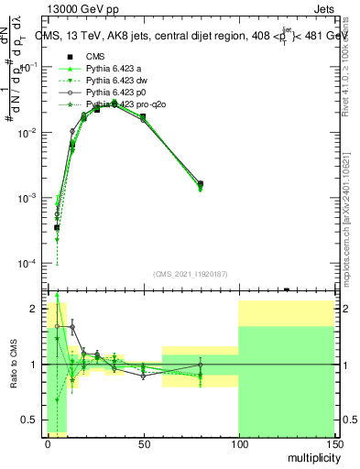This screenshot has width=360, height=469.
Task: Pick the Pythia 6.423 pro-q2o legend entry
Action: (x=115, y=106)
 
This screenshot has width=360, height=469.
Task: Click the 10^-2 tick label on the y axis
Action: (x=29, y=133)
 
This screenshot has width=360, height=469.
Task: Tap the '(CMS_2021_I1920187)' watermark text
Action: (x=189, y=272)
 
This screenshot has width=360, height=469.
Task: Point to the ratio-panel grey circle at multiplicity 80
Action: (x=201, y=365)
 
